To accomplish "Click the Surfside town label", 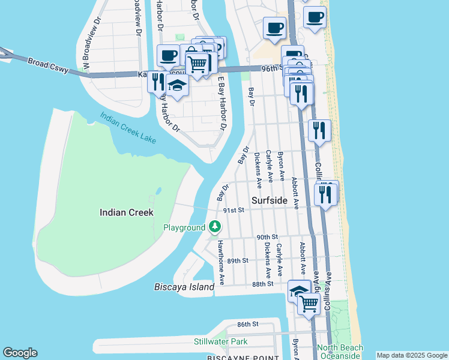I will coord(269,201).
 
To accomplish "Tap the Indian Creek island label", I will coord(127,212).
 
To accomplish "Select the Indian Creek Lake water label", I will coord(128,128).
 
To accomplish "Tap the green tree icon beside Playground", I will coord(215,227).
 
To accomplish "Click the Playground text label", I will coord(184,228).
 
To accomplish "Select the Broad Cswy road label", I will coord(46,62).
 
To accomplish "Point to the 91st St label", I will coord(234,210).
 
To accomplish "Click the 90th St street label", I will coord(267,238).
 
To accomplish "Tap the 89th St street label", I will coord(238,260).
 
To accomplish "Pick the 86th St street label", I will coord(247,324).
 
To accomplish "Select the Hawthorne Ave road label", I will coord(221,262).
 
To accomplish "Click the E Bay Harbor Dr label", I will coord(221,103).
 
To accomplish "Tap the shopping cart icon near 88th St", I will coord(309,304).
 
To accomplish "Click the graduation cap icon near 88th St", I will coord(299,291).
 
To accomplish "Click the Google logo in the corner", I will coord(20,353).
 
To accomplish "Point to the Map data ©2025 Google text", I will coord(412,355).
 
